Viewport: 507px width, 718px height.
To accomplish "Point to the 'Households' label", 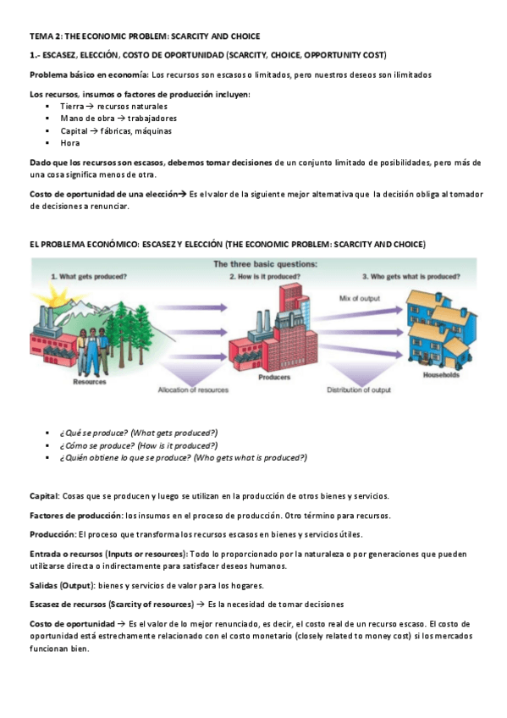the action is [x=440, y=373].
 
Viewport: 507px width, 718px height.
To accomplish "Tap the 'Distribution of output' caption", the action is [x=359, y=390].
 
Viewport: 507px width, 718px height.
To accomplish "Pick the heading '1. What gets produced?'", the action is [x=89, y=277].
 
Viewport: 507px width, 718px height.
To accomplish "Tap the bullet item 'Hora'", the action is [x=70, y=143].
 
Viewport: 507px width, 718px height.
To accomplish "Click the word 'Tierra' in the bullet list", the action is [x=72, y=107].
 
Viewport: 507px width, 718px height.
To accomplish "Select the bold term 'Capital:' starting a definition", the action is [x=44, y=495].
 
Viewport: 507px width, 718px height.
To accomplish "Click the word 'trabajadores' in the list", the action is [x=147, y=119].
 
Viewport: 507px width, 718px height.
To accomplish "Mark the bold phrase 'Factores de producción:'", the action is [x=75, y=515].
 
